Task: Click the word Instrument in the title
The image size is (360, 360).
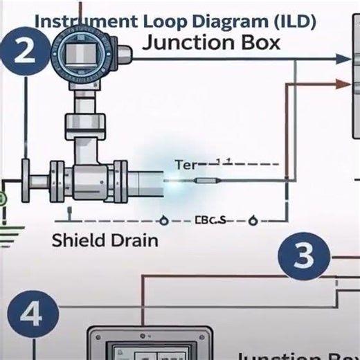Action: click(x=78, y=21)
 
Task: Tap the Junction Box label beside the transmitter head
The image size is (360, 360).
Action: click(x=211, y=43)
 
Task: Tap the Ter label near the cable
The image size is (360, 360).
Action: click(x=186, y=165)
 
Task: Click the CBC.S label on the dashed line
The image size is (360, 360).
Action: click(x=211, y=221)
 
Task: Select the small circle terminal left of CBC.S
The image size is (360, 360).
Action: click(x=164, y=222)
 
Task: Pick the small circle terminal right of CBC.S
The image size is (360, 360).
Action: click(x=253, y=222)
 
